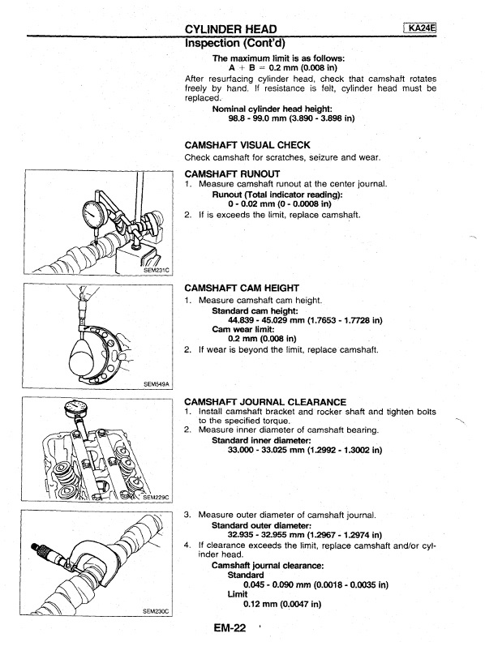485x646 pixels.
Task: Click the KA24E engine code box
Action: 420,28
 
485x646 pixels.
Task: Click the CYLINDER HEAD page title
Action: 231,29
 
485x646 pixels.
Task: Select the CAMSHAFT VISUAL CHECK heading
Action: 247,145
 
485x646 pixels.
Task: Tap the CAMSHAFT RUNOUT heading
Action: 232,173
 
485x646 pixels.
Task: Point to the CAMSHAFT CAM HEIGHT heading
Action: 242,288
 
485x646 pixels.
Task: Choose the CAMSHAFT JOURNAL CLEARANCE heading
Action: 265,402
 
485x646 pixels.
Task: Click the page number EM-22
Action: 230,628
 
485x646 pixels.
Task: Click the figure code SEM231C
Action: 157,270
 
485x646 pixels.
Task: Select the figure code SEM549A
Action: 156,384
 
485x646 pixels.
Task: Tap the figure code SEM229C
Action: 156,498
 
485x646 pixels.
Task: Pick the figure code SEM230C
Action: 156,611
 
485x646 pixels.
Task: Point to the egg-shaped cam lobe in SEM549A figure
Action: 87,353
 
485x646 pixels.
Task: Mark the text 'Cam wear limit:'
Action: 243,329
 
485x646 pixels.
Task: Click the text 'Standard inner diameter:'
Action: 261,440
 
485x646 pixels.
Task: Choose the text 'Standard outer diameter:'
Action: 261,526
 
